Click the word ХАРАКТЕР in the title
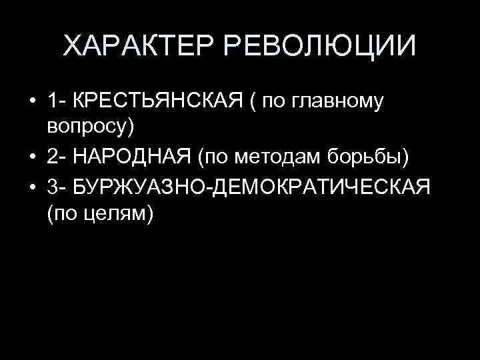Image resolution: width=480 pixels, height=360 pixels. tap(139, 47)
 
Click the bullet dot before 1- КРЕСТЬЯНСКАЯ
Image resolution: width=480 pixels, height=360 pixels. tap(31, 102)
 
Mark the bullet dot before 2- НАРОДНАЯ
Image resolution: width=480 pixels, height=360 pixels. tap(31, 157)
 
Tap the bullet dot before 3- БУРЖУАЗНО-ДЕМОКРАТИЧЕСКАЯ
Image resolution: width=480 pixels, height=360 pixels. tap(31, 187)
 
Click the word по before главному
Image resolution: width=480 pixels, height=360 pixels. tap(272, 101)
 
